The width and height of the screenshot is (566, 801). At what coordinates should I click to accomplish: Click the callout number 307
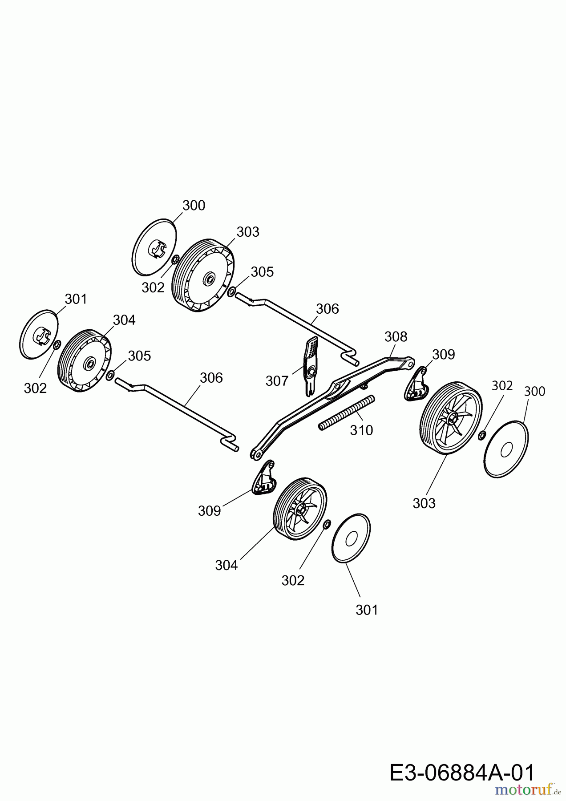(x=277, y=381)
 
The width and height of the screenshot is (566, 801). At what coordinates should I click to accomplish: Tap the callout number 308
(x=396, y=336)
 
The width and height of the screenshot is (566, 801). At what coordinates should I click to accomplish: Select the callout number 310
(x=361, y=430)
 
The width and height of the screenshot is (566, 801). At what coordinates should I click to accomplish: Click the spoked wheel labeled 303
(x=451, y=418)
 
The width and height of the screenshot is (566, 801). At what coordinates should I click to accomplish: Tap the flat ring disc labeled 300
(x=506, y=450)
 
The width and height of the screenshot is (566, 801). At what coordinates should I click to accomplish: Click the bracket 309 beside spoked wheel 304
(x=265, y=480)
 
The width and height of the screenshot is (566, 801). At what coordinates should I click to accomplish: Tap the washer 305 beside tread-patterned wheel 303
(x=231, y=291)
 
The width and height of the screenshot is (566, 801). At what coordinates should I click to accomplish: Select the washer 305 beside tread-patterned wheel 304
(x=109, y=375)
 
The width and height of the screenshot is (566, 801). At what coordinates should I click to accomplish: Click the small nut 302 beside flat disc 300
(x=481, y=435)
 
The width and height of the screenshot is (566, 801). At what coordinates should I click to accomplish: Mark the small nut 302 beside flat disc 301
(x=326, y=525)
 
